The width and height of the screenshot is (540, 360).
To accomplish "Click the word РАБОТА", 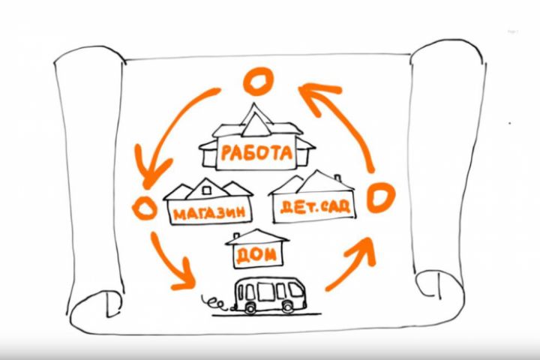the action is (x=256, y=152).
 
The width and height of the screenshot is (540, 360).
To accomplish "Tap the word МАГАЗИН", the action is (x=209, y=213).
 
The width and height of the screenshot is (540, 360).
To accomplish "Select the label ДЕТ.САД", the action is (x=315, y=206).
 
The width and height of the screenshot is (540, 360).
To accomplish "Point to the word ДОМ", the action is (x=256, y=255).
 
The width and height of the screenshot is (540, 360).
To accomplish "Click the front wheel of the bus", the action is (x=287, y=307).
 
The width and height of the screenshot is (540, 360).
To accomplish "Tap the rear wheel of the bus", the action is (x=250, y=307).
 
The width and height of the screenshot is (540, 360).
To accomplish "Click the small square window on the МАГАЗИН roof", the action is (x=207, y=190).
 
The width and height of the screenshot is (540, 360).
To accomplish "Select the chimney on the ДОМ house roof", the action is (x=236, y=236).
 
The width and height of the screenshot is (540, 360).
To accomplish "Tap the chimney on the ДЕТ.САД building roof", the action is (x=337, y=178).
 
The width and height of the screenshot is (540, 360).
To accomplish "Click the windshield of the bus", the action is (x=295, y=289).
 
